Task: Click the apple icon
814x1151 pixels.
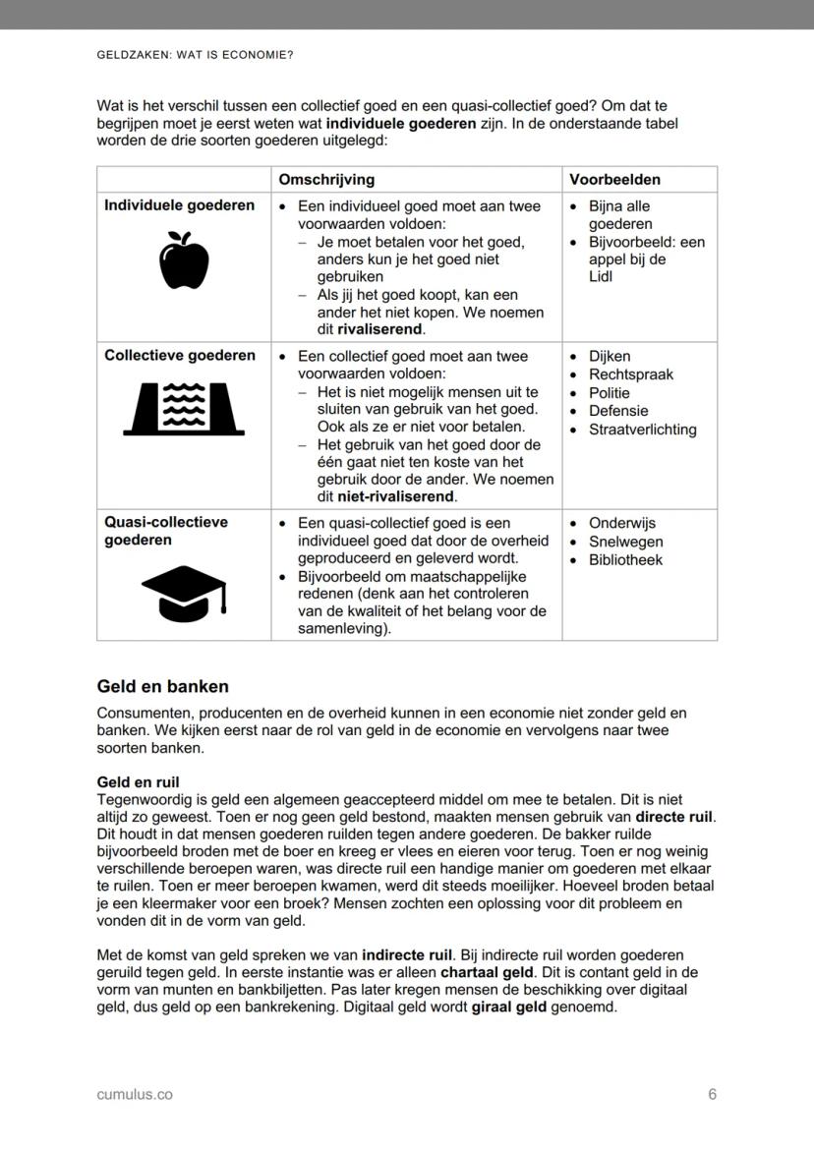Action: tap(183, 260)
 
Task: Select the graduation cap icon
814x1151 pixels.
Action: tap(184, 593)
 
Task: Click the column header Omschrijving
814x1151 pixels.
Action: tap(326, 180)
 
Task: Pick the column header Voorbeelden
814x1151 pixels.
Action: tap(614, 180)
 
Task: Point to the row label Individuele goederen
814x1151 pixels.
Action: tap(179, 205)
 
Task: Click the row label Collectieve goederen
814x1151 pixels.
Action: tap(179, 356)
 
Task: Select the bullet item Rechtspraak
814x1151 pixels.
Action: tap(630, 374)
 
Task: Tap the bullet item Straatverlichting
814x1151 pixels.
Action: tap(642, 430)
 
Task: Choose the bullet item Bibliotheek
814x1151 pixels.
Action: tap(625, 560)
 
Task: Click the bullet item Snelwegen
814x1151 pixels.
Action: tap(625, 542)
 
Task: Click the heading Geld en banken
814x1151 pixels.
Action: tap(162, 686)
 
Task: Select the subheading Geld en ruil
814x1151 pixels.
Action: tap(139, 782)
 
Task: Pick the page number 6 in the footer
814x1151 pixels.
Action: tap(712, 1094)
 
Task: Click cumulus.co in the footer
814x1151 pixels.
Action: tap(135, 1094)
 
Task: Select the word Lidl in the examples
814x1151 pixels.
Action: tap(601, 277)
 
